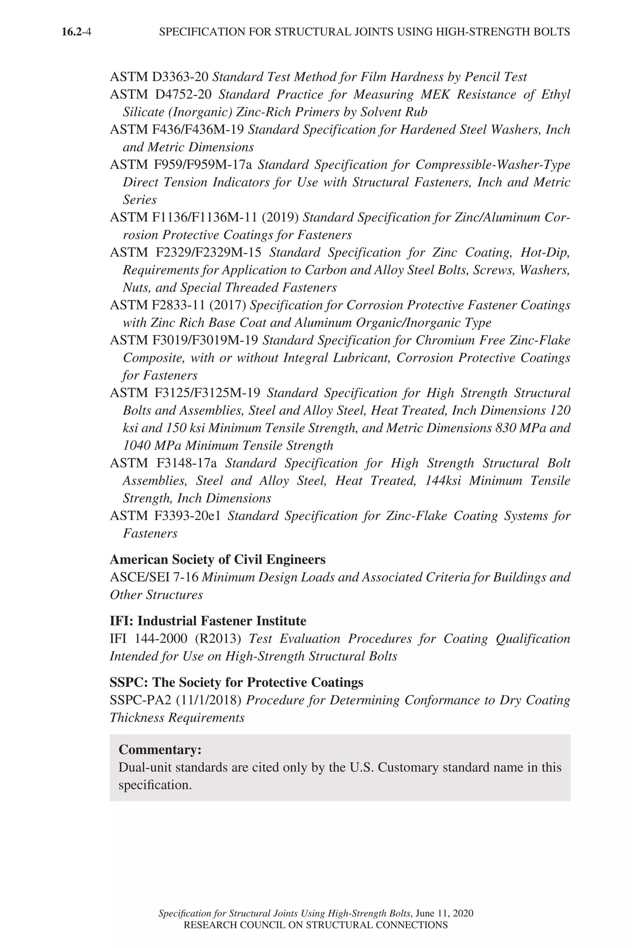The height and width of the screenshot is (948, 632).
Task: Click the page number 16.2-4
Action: coord(76,32)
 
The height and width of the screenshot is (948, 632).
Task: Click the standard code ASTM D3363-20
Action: coord(159,77)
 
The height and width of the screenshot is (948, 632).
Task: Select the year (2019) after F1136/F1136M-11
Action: coord(280,217)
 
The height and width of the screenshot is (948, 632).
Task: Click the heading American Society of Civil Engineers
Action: coord(218,559)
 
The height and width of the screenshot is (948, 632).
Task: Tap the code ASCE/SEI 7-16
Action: coord(154,577)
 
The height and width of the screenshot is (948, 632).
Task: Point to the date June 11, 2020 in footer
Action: coord(445,913)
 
